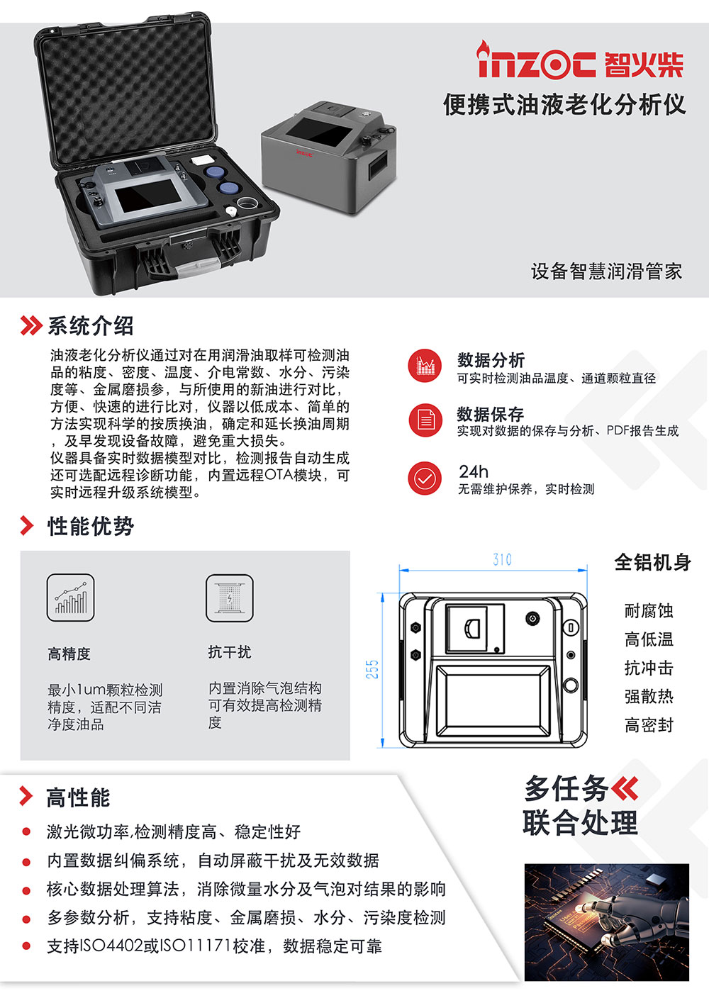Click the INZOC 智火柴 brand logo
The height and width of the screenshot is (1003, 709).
click(580, 62)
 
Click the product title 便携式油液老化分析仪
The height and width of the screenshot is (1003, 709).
click(564, 105)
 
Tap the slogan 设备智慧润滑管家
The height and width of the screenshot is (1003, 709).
click(606, 271)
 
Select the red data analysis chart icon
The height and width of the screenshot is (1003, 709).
click(425, 366)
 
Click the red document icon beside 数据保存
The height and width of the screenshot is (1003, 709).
click(425, 420)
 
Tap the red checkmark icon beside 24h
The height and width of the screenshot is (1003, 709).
click(425, 478)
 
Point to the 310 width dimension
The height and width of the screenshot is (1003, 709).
click(502, 560)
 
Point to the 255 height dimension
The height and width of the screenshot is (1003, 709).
click(372, 669)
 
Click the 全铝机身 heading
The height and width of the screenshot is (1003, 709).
click(652, 563)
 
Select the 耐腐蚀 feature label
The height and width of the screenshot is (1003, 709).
click(648, 611)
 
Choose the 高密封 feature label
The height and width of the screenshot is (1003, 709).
click(648, 725)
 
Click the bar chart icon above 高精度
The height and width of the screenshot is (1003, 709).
click(71, 598)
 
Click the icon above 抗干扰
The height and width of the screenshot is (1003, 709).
click(229, 598)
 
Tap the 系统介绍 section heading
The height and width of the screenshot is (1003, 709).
click(90, 326)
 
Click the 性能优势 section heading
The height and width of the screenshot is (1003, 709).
click(90, 526)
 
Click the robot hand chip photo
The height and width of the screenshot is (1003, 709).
click(606, 921)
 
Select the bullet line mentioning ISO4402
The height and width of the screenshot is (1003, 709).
click(214, 946)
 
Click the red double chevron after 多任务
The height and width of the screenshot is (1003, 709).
click(625, 788)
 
